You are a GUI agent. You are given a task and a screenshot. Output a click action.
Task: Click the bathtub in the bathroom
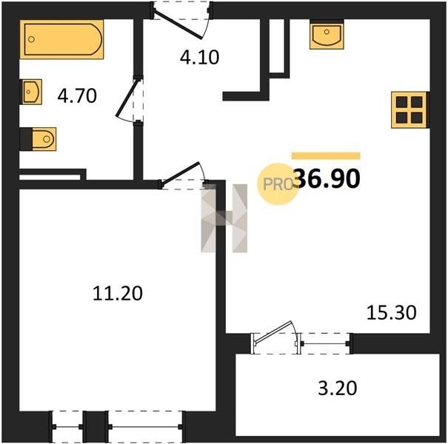pyautogui.click(x=61, y=39)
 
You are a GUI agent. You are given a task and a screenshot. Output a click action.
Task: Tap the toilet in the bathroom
pyautogui.click(x=44, y=139)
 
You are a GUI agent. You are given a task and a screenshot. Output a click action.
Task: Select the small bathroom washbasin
pyautogui.click(x=31, y=92)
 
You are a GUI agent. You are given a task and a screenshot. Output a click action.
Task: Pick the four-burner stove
pyautogui.click(x=409, y=110)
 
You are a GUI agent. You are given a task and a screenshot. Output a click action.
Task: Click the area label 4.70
pyautogui.click(x=77, y=96)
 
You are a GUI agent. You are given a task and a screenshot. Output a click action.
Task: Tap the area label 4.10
pyautogui.click(x=199, y=57)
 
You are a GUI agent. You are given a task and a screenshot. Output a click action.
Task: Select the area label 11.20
pyautogui.click(x=118, y=293)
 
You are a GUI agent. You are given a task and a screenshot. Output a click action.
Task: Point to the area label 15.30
pyautogui.click(x=391, y=313)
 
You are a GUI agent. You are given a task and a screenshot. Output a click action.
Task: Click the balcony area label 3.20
pyautogui.click(x=338, y=388)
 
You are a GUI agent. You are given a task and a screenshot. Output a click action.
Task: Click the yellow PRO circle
pyautogui.click(x=278, y=184)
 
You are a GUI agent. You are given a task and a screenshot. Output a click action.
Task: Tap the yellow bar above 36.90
pyautogui.click(x=326, y=155)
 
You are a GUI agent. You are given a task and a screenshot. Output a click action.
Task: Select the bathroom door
pyautogui.click(x=128, y=98)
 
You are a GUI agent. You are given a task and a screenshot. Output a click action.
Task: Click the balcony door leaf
pyautogui.click(x=273, y=332)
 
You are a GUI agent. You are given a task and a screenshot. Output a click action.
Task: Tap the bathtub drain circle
pyautogui.click(x=31, y=39)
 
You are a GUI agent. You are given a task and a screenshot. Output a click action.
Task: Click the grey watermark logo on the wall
pyautogui.click(x=224, y=218)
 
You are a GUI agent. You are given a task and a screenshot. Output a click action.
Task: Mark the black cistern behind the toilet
pyautogui.click(x=26, y=139)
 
